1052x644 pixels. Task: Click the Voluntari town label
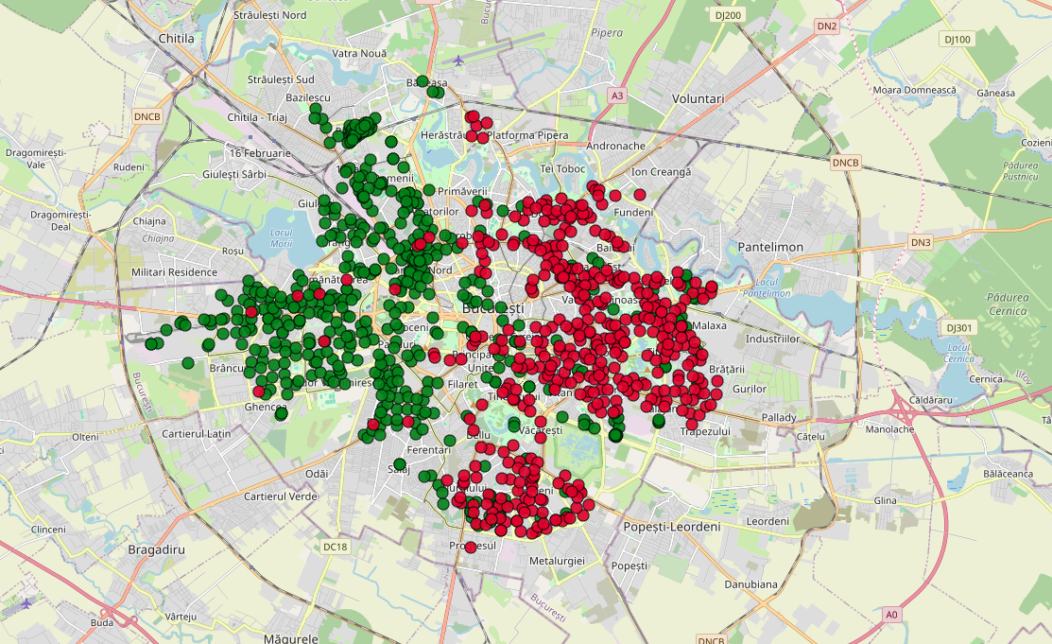697,98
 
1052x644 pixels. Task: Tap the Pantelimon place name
770,247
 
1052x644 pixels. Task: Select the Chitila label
177,39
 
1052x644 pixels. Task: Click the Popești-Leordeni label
672,526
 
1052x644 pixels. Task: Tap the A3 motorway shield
617,96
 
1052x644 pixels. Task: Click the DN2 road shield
827,26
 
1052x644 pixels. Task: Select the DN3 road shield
921,243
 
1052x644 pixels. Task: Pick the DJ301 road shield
959,327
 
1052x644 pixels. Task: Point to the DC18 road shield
336,547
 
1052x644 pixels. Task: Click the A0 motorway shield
891,615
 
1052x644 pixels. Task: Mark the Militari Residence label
175,272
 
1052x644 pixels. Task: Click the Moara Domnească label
915,90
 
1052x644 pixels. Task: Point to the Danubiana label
750,584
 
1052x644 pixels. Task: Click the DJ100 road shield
957,39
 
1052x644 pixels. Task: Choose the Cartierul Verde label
280,496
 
